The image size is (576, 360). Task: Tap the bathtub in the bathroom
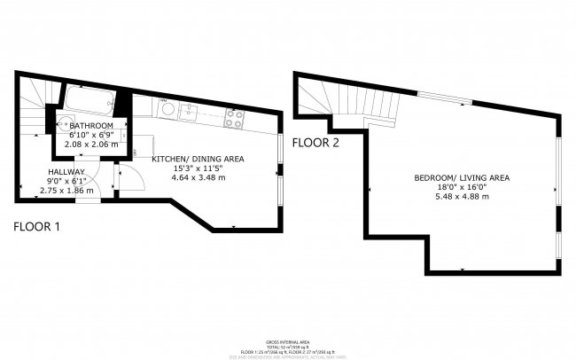click(x=87, y=100)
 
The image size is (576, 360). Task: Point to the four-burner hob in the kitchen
click(x=234, y=118)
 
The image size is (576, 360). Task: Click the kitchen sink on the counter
click(x=188, y=111)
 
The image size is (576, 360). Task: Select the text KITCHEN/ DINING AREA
click(x=198, y=159)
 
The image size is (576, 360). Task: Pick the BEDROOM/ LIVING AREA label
click(x=462, y=177)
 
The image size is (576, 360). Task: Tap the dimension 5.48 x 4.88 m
click(x=462, y=196)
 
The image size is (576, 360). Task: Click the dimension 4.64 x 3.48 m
click(x=198, y=177)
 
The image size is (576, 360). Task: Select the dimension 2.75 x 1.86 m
click(x=66, y=190)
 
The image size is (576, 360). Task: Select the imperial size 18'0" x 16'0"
click(x=462, y=186)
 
